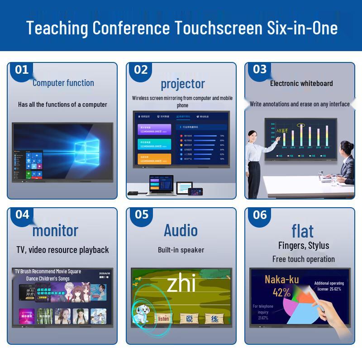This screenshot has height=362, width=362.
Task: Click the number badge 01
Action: coord(22,70)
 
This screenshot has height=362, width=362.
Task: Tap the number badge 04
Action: coord(22,214)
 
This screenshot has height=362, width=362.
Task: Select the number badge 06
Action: coord(260,214)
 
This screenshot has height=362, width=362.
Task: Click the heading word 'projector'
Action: coord(183,84)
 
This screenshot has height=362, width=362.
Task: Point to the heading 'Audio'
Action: coord(181,230)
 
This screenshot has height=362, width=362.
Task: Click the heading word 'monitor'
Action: coord(55,230)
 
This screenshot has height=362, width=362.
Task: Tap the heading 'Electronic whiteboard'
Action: coord(301,83)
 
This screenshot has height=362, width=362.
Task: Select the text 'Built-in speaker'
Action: coord(181,250)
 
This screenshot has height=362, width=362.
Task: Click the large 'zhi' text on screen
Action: coord(181,284)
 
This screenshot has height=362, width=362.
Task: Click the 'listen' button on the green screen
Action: coord(164,319)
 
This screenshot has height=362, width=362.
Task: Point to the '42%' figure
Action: coord(281,292)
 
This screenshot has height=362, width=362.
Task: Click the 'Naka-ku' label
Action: coord(281,280)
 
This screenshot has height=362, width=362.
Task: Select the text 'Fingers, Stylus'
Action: coord(304,246)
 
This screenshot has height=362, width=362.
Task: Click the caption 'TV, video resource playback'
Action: coord(63,250)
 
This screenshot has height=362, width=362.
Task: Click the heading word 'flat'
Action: coord(303,231)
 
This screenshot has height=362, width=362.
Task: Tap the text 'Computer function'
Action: coord(63,83)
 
